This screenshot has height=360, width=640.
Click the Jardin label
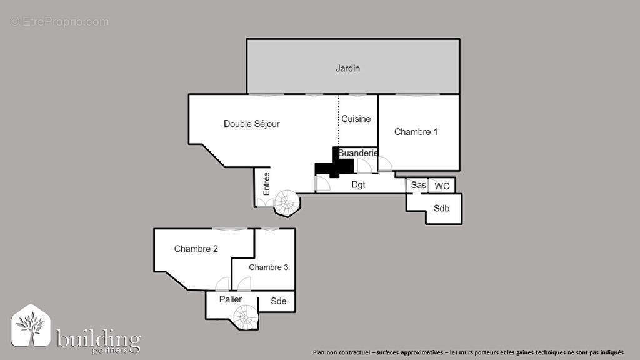pyautogui.click(x=347, y=68)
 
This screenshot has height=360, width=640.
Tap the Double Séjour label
pyautogui.click(x=252, y=124)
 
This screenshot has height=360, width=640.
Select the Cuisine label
pyautogui.click(x=356, y=119)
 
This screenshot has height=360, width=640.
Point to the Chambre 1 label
pyautogui.click(x=416, y=132)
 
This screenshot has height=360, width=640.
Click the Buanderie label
pyautogui.click(x=358, y=153)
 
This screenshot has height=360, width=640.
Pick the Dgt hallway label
pyautogui.click(x=358, y=184)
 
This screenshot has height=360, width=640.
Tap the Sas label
pyautogui.click(x=418, y=186)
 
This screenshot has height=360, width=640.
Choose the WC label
pyautogui.click(x=442, y=186)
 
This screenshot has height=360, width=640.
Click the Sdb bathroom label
pyautogui.click(x=441, y=209)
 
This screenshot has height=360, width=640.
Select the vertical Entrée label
pyautogui.click(x=267, y=184)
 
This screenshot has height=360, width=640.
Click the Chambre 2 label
pyautogui.click(x=196, y=249)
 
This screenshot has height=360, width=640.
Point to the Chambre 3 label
pyautogui.click(x=269, y=267)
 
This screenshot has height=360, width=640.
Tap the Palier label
pyautogui.click(x=231, y=299)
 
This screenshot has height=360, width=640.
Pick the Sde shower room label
pyautogui.click(x=279, y=301)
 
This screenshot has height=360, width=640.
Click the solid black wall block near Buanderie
pyautogui.click(x=334, y=166)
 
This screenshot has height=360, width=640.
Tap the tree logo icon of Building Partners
pyautogui.click(x=31, y=326)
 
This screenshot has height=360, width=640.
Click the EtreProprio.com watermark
pyautogui.click(x=60, y=22)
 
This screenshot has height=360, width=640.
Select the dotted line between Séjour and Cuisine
pyautogui.click(x=339, y=119)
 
